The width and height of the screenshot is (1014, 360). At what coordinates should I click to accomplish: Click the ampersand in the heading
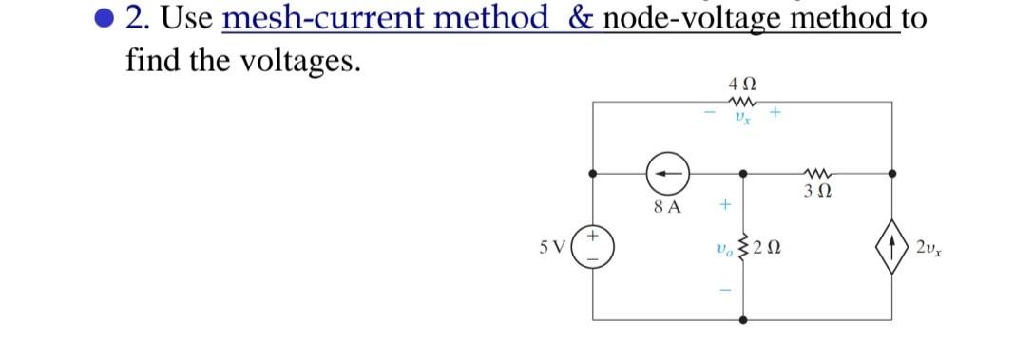(578, 18)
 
